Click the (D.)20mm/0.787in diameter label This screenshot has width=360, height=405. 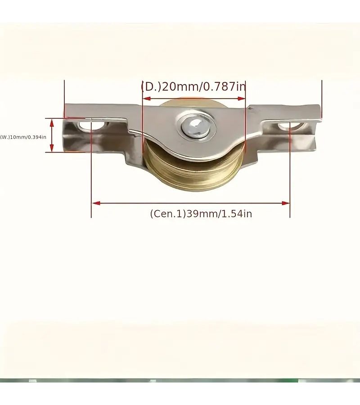pos(193,87)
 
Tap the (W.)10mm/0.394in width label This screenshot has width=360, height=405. pos(23,137)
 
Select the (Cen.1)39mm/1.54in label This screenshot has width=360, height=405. pos(201,214)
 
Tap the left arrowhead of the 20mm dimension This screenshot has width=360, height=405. pos(147,99)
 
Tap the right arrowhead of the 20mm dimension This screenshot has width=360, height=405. pos(241,99)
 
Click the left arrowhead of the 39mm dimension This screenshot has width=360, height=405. pos(96,203)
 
